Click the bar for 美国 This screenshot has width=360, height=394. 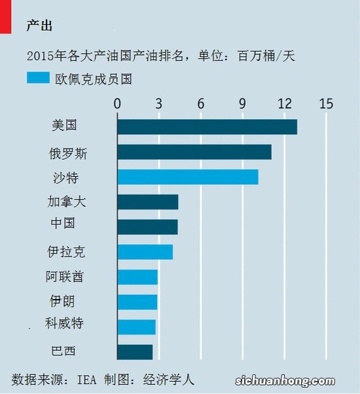(207, 127)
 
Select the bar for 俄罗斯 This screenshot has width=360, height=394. (194, 152)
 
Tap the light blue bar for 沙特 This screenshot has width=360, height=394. (187, 177)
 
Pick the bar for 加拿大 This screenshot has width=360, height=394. (147, 202)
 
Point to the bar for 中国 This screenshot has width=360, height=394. (147, 226)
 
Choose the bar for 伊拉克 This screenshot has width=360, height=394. (145, 252)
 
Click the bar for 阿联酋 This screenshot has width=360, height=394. (137, 277)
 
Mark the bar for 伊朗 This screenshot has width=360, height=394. (137, 302)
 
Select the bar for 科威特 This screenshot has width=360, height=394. (136, 327)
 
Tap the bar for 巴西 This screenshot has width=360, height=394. (135, 351)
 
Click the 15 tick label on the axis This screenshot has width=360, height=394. (326, 103)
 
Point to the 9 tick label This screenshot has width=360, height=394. (242, 103)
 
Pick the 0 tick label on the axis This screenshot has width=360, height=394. (117, 103)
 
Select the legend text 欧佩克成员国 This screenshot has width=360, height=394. (102, 79)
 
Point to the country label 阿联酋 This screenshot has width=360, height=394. (64, 277)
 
